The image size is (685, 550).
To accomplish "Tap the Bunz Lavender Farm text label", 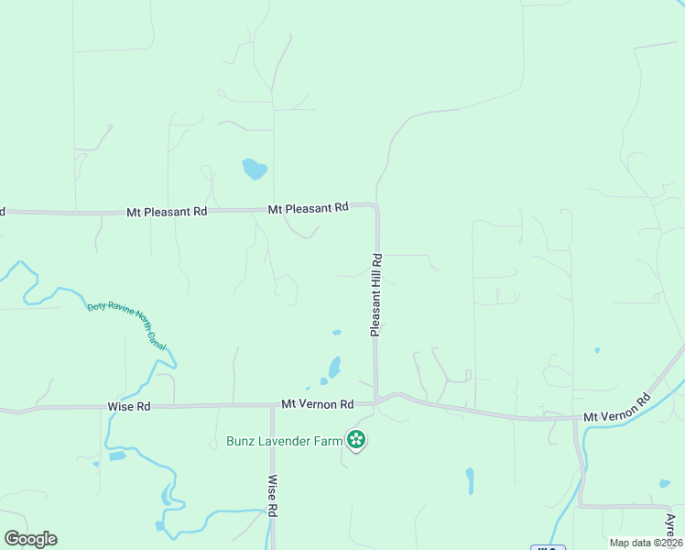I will point(284,441).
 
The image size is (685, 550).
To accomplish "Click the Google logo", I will point(30,539).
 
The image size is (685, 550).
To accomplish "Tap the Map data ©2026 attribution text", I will point(645,543).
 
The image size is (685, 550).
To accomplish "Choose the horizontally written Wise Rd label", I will point(128,406).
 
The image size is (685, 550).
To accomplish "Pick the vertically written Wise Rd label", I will point(272,496).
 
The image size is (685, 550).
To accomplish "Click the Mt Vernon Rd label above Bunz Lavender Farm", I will point(317,404).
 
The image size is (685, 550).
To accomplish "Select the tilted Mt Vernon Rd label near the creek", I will point(618,409).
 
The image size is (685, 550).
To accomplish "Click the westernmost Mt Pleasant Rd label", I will point(167,211).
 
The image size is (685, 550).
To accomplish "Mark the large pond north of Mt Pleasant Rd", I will point(254,170).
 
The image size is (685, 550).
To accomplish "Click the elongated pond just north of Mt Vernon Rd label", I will point(334,367).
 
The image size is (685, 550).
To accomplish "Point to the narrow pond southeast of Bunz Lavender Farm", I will point(470,480).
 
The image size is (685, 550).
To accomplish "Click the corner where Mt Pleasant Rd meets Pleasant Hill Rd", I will point(375,207).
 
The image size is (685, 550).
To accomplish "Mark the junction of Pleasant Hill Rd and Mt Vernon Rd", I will point(376,401).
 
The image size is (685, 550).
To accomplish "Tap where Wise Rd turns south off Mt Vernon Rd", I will point(272,405).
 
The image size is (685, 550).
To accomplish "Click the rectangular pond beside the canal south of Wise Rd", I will point(116,456).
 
